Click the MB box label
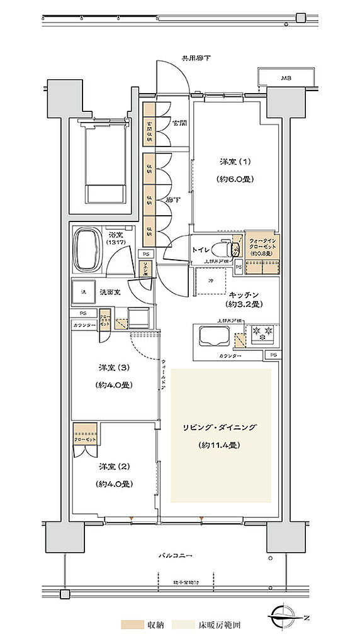(286, 79)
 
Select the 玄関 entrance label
(179, 123)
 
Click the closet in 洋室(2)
(84, 434)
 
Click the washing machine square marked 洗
(84, 291)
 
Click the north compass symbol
(290, 618)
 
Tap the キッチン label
(241, 294)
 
